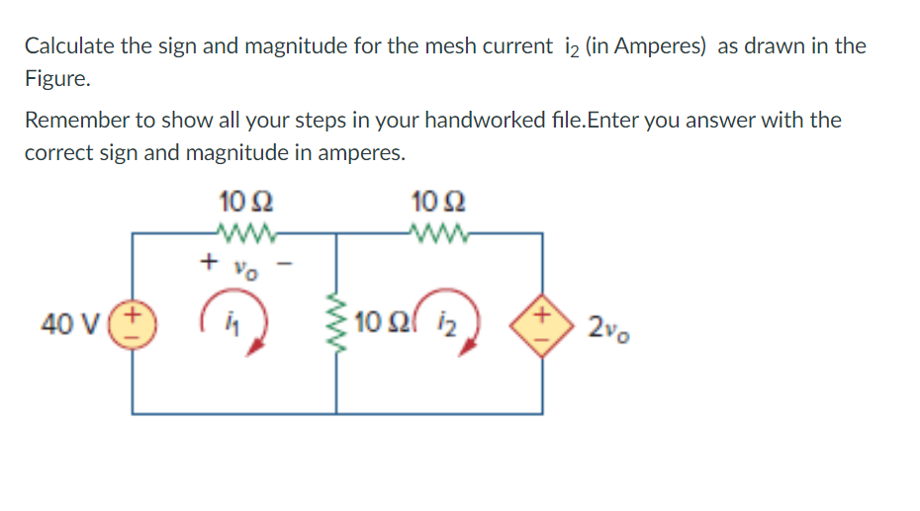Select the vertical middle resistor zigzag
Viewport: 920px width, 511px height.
point(337,323)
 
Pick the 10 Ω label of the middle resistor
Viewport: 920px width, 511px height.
point(379,323)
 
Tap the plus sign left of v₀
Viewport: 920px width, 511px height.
point(207,262)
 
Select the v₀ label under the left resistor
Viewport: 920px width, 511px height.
point(243,267)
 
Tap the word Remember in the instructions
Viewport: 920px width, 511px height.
point(75,121)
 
